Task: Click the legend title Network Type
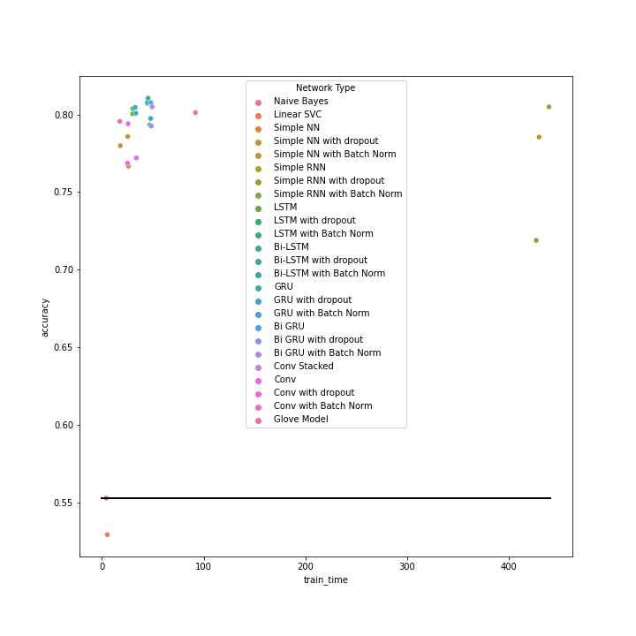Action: coord(326,88)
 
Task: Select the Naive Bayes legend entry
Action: coord(300,102)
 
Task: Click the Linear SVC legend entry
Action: coord(297,115)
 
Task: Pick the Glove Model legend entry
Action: coord(300,420)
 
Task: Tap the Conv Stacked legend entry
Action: coord(303,367)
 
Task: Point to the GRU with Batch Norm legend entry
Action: coord(322,314)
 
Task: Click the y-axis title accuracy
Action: coord(45,317)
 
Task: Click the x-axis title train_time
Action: coord(326,579)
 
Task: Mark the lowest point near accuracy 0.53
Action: coord(107,534)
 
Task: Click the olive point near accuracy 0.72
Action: coord(535,240)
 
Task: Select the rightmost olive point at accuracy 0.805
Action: coord(549,107)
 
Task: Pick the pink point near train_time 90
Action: coord(195,112)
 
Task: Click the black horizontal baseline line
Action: coord(326,498)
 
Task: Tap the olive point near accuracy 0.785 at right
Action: coord(539,137)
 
